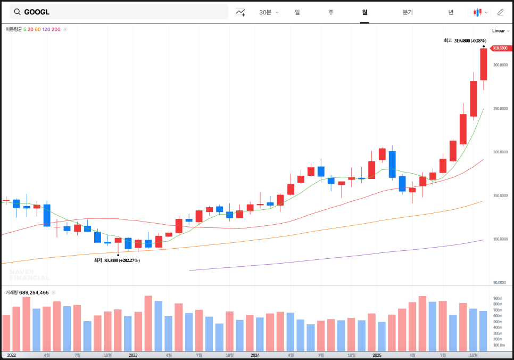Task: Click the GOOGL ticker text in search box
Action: [x=37, y=12]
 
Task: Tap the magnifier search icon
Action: [x=17, y=12]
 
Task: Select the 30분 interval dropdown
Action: [x=268, y=12]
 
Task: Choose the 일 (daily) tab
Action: [x=297, y=12]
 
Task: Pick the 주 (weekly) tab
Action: [x=331, y=12]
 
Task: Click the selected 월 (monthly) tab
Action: [x=364, y=12]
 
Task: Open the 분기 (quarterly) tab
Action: [x=408, y=12]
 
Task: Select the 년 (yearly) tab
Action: [x=451, y=12]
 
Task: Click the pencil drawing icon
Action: [x=500, y=12]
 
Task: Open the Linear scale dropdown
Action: [x=500, y=31]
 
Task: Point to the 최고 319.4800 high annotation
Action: [x=465, y=40]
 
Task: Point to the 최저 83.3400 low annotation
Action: [x=117, y=260]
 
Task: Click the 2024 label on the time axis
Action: [x=255, y=355]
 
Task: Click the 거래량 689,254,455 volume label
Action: [x=27, y=292]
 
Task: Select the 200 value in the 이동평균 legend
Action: [x=56, y=29]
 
